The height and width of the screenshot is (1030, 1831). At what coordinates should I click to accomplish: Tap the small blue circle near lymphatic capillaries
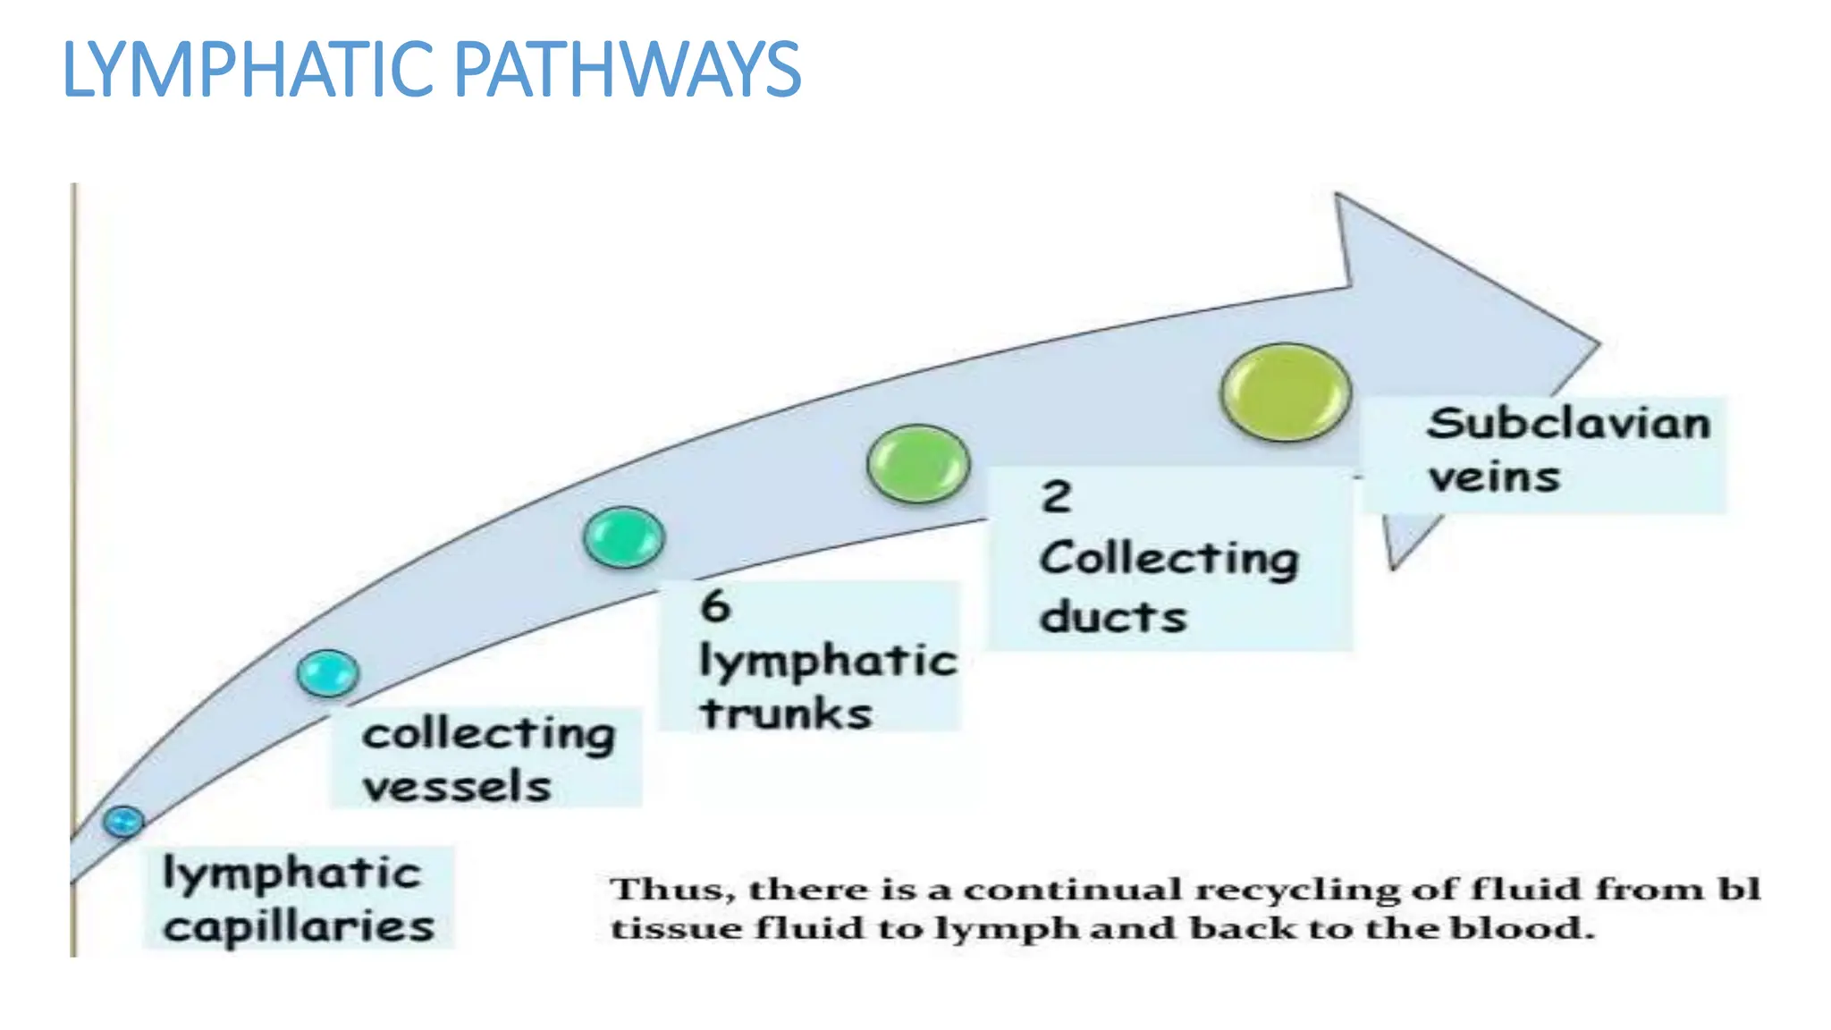(123, 821)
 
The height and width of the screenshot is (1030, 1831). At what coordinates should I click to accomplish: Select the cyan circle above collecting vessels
(328, 673)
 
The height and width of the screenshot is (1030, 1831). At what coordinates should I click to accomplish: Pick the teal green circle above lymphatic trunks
(624, 537)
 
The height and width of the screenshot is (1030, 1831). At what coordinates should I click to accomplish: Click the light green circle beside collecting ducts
(918, 464)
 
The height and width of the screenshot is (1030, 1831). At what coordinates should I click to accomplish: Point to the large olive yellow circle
(1286, 393)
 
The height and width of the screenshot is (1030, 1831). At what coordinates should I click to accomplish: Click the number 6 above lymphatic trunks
(716, 605)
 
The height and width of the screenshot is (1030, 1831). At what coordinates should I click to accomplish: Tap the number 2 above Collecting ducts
(1056, 496)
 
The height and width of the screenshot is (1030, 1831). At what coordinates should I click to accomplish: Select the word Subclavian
(1568, 423)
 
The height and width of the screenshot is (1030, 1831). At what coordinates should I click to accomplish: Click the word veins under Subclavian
(1494, 477)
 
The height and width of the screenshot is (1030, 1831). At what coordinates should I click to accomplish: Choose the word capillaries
(299, 927)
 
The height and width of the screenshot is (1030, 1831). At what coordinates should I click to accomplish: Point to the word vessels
(457, 787)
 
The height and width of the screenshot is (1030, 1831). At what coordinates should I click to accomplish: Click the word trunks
(786, 713)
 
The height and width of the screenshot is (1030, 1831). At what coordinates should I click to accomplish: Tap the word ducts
(1113, 617)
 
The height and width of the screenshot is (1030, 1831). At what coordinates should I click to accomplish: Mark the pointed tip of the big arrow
(1597, 343)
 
